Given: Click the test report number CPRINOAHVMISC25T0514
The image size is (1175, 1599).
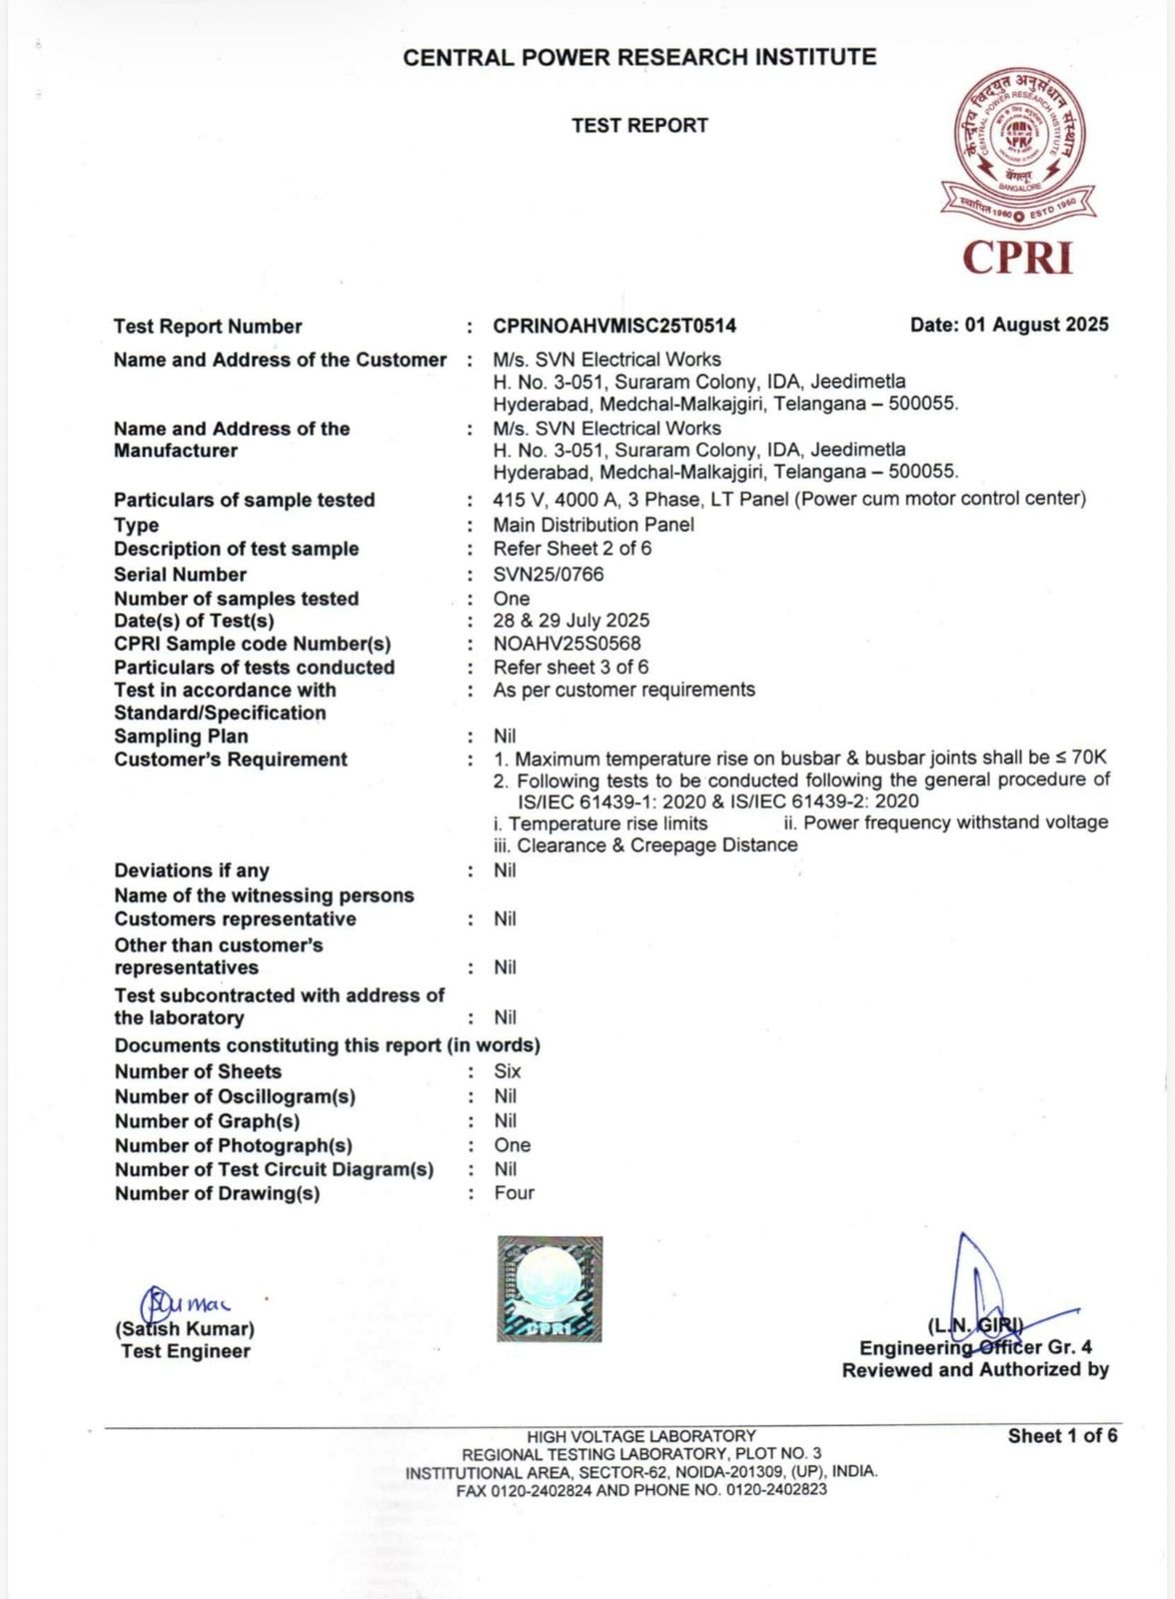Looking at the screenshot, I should tap(614, 326).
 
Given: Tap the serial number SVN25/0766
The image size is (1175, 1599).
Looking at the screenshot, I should tap(548, 575).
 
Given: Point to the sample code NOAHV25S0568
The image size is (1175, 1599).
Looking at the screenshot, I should tap(567, 644).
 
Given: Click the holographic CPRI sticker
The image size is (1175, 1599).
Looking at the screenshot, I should tap(550, 1288).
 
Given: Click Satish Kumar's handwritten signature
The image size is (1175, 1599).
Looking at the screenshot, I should tap(186, 1302).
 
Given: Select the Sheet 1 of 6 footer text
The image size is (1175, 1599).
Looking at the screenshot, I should tap(1062, 1436).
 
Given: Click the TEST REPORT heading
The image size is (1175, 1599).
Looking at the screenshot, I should tap(639, 126).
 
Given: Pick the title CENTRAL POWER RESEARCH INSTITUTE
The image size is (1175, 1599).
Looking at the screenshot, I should tap(639, 57).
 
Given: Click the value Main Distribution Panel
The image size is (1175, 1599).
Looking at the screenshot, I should tap(593, 525).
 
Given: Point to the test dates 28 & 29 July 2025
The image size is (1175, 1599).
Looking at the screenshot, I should tap(571, 621).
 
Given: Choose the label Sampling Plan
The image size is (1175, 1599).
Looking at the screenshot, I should tap(181, 737).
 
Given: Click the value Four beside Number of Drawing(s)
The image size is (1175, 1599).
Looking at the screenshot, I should tap(514, 1193).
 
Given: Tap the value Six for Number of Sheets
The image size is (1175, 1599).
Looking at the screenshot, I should tap(508, 1071).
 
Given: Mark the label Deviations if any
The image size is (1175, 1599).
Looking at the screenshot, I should tap(191, 870).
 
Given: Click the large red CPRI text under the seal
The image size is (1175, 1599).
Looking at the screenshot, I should tap(1017, 257).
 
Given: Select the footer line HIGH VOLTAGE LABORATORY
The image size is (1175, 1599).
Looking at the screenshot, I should tap(641, 1436).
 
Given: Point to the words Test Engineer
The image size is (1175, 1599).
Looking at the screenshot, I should tap(186, 1351).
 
